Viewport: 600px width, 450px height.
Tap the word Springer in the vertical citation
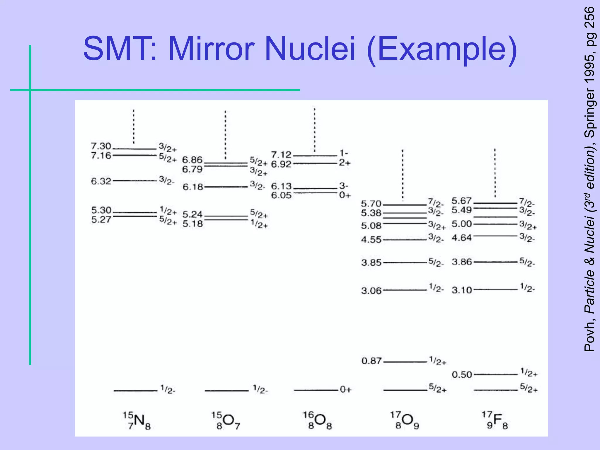(589, 112)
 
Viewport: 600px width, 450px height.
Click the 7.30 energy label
(101, 146)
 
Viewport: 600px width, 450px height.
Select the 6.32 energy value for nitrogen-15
(101, 181)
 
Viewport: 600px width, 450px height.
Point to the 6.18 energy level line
(226, 187)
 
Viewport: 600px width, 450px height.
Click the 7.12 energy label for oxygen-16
(281, 155)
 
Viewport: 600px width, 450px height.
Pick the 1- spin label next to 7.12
(344, 153)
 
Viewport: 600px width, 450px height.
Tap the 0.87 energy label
(371, 361)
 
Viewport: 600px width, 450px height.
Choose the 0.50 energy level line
(495, 374)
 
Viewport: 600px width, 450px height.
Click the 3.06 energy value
(371, 291)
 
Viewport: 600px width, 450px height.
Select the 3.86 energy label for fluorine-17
(462, 262)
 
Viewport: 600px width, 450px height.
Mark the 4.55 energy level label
(371, 240)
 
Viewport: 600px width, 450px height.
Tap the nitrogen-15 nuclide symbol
(137, 420)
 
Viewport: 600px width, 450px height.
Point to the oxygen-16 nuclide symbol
(317, 420)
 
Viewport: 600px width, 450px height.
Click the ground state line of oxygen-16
(316, 390)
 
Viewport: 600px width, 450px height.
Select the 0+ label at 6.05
(345, 195)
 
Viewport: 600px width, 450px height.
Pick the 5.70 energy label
(371, 204)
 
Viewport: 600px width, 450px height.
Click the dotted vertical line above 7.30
(134, 126)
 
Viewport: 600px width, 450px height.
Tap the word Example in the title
(442, 49)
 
